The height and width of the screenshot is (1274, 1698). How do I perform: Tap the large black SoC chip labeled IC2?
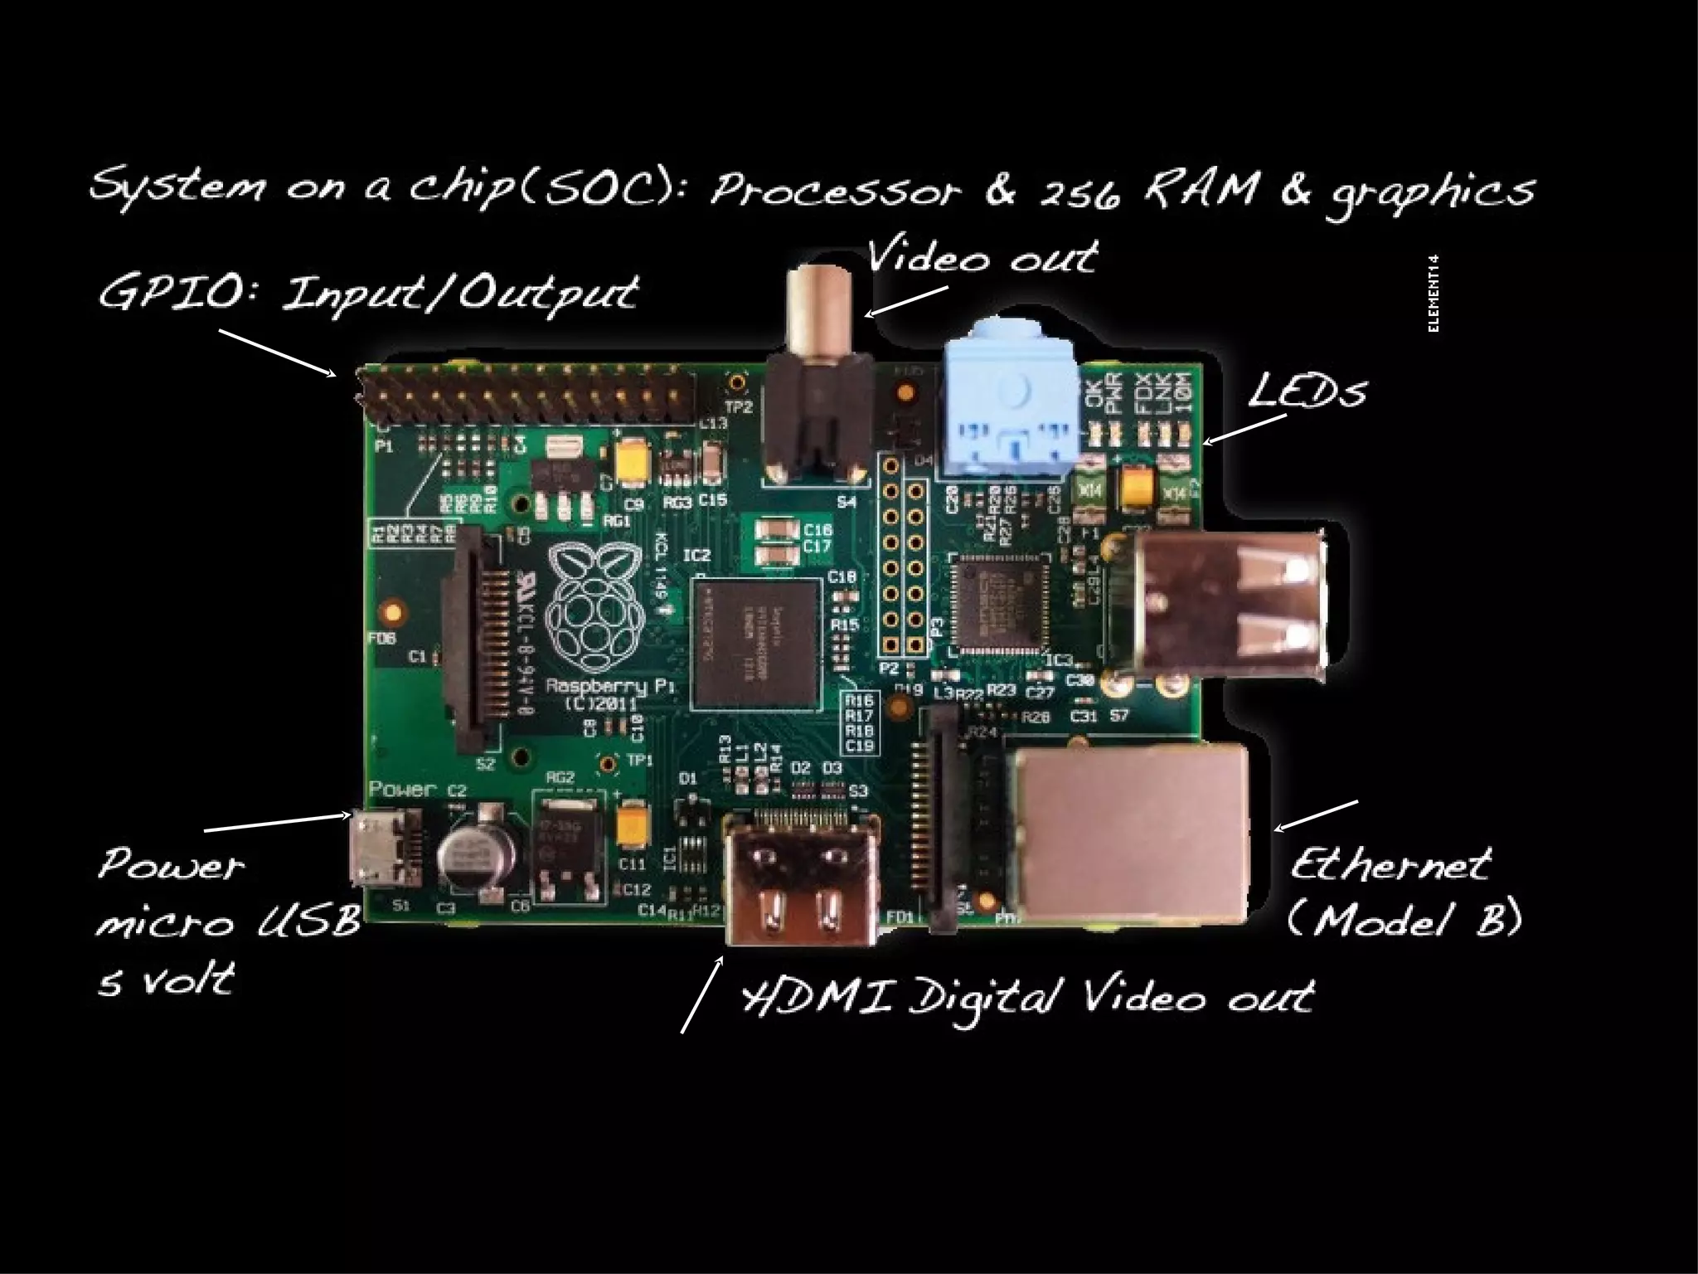pos(754,644)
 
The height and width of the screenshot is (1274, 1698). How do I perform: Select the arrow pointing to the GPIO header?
pos(278,353)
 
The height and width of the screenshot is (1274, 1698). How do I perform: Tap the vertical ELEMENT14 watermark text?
pos(1434,294)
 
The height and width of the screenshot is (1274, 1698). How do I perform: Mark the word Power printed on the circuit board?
pos(402,789)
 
